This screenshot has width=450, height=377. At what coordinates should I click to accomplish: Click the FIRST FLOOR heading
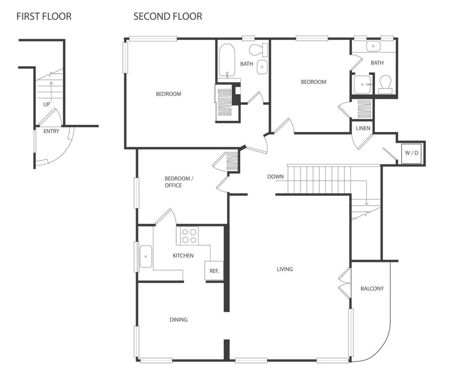[44, 16]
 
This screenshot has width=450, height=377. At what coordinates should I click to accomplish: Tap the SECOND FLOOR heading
[168, 16]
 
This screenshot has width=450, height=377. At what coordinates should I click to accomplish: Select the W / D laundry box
[411, 153]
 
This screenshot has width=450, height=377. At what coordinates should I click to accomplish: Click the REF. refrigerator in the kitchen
[214, 271]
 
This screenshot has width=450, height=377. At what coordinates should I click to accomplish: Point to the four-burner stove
[189, 235]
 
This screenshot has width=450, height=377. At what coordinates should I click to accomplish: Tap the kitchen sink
[146, 257]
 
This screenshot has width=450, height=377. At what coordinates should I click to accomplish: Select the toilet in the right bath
[385, 85]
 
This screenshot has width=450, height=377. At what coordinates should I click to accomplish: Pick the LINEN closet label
[363, 128]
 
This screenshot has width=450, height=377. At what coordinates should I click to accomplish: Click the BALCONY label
[372, 288]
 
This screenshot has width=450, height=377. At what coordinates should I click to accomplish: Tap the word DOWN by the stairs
[276, 177]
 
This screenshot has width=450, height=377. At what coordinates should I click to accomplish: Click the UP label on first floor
[46, 104]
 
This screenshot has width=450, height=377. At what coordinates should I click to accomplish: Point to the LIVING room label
[285, 269]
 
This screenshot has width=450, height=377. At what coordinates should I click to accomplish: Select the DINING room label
[178, 320]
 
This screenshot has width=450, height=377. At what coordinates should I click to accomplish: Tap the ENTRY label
[51, 131]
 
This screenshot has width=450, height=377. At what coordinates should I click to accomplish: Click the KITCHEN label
[183, 255]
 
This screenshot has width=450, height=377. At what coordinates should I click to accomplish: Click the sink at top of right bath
[374, 46]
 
